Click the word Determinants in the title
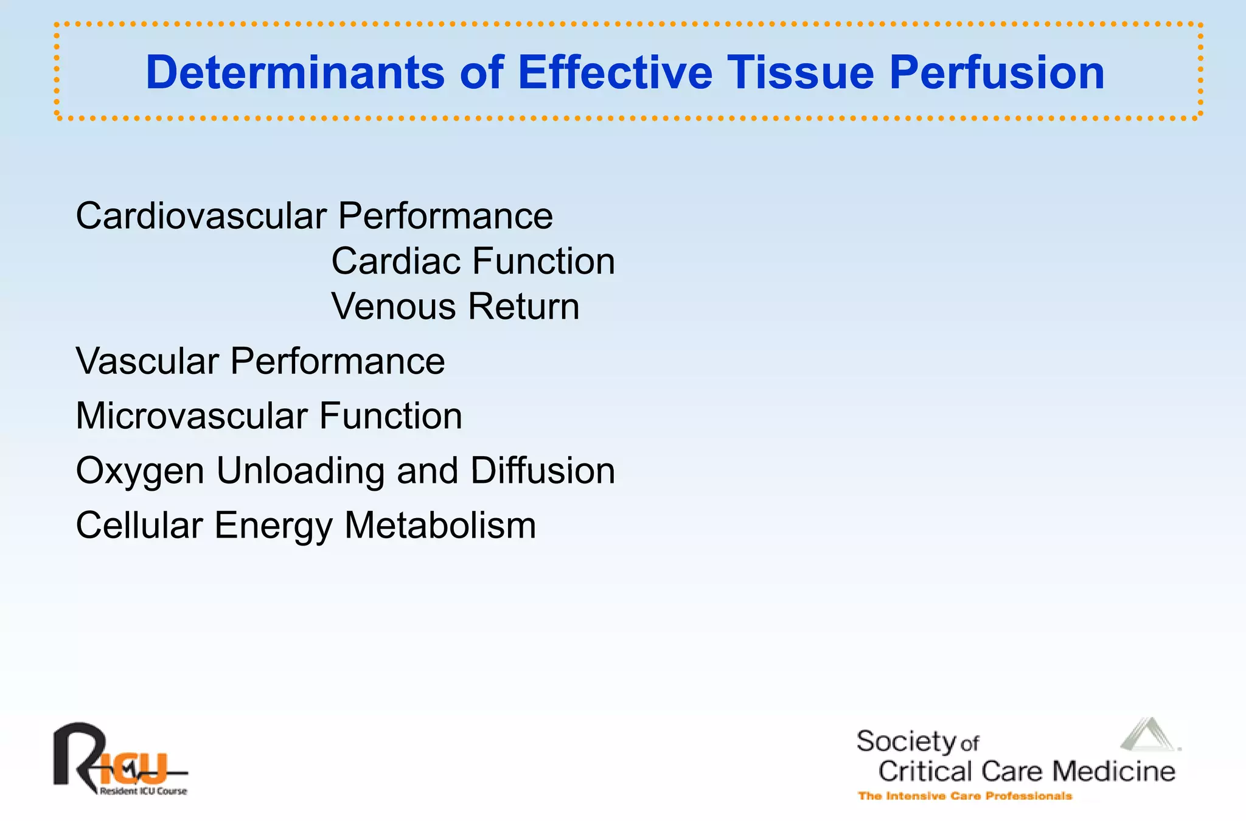[x=294, y=72]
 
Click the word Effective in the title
[x=614, y=72]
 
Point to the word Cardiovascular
[x=201, y=216]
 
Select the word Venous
[x=393, y=307]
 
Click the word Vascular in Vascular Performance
[x=147, y=361]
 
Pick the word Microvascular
[x=191, y=416]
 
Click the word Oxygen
[x=140, y=472]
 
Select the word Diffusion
[x=543, y=471]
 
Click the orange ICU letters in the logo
[x=134, y=767]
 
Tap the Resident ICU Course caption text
[x=144, y=791]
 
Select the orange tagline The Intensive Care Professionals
[x=964, y=796]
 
